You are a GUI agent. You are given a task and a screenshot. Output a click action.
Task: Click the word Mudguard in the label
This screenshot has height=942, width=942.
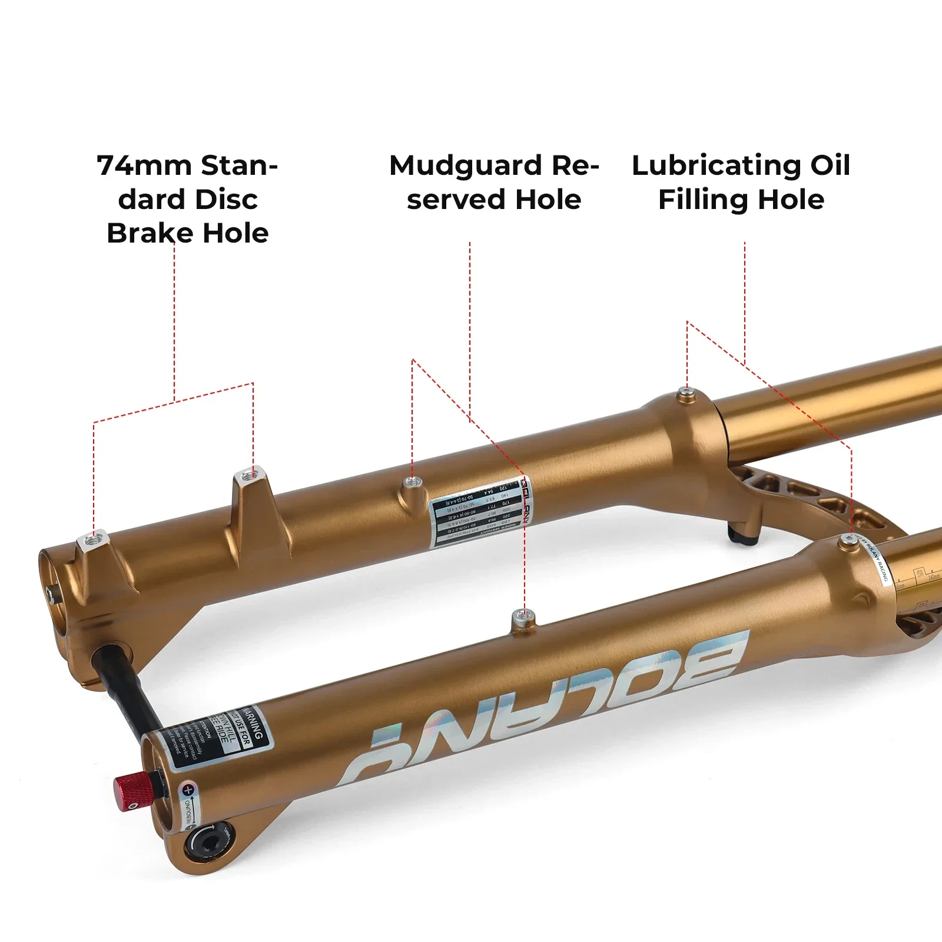click(466, 165)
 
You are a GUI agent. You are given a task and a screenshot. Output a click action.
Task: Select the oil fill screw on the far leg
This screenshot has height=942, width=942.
click(685, 392)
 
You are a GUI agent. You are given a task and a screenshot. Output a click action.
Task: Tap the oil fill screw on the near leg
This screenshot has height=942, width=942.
click(848, 539)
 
